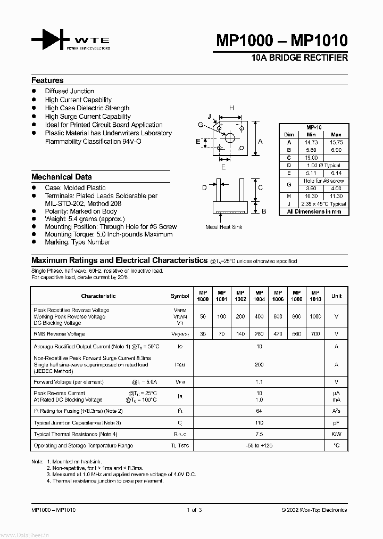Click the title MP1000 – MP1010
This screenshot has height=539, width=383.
[281, 40]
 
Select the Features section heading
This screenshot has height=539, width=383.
[47, 80]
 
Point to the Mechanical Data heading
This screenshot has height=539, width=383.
[61, 177]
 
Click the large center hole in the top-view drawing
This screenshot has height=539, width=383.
[230, 138]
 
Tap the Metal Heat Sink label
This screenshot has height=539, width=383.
[224, 227]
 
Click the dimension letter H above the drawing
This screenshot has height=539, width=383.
[231, 109]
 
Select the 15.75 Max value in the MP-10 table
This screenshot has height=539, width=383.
[336, 143]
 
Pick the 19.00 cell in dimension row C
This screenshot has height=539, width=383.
[311, 158]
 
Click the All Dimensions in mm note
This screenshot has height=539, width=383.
[314, 211]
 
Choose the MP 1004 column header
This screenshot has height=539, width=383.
[259, 296]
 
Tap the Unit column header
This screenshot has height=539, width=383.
[336, 296]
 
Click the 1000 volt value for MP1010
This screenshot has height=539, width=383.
[315, 316]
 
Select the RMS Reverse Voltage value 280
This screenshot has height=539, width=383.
[259, 334]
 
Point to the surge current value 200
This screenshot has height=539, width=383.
[259, 365]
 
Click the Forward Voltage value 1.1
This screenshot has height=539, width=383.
[259, 382]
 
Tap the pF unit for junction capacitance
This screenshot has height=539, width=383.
[336, 422]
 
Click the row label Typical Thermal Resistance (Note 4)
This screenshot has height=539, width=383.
[76, 435]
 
